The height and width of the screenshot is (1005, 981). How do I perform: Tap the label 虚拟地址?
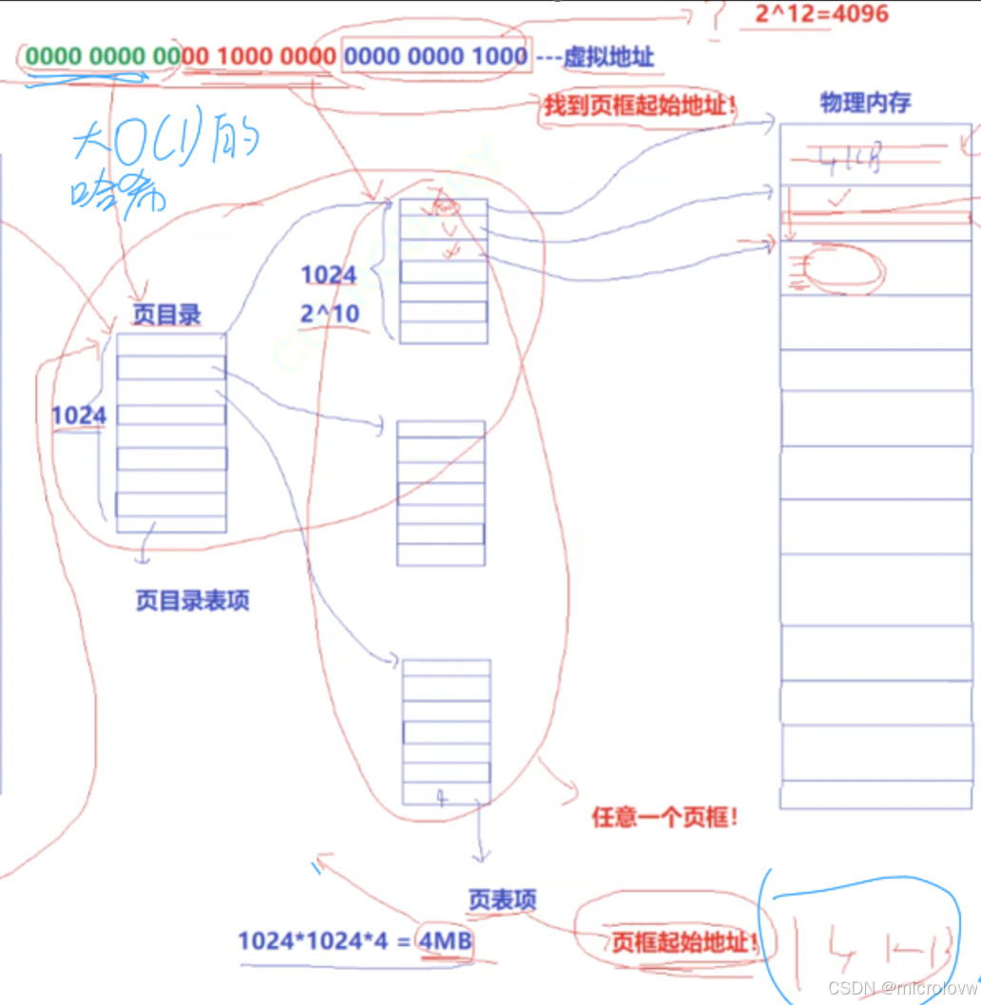point(609,57)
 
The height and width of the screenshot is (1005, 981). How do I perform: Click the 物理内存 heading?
point(865,103)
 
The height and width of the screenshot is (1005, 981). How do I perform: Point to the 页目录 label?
point(167,316)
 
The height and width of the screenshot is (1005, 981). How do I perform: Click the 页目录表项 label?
point(193,601)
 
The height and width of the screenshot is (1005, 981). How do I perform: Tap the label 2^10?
point(330,314)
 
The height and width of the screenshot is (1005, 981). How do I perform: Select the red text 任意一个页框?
point(664,818)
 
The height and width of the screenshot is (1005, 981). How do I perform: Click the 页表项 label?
point(502,899)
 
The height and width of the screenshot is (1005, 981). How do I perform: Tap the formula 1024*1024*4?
point(314,941)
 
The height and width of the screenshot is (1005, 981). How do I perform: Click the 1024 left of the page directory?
point(79,416)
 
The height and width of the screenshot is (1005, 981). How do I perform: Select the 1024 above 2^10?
point(329,276)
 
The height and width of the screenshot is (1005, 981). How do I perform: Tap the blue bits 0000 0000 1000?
point(435,56)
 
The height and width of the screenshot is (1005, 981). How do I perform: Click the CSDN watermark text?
point(902,988)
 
